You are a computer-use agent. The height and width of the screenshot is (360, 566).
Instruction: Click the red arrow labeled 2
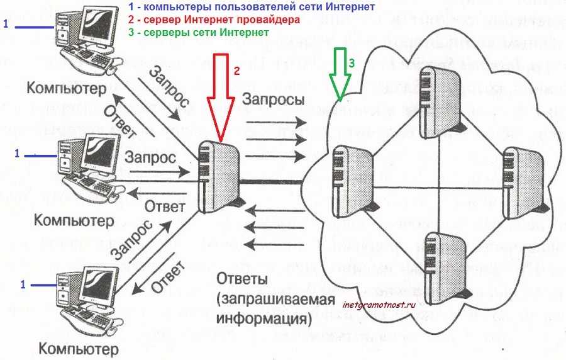(x=221, y=94)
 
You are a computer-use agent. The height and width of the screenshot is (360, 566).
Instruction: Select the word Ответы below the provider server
(x=242, y=278)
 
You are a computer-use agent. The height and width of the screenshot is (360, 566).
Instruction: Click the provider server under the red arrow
(x=217, y=170)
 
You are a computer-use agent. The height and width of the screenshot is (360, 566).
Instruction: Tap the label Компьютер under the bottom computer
(x=78, y=347)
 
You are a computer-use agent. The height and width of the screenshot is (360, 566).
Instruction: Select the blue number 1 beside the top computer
(x=6, y=25)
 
